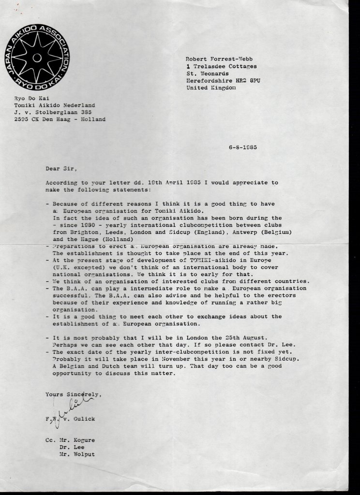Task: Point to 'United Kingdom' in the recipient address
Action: [x=211, y=88]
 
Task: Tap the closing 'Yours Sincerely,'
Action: [x=74, y=394]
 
